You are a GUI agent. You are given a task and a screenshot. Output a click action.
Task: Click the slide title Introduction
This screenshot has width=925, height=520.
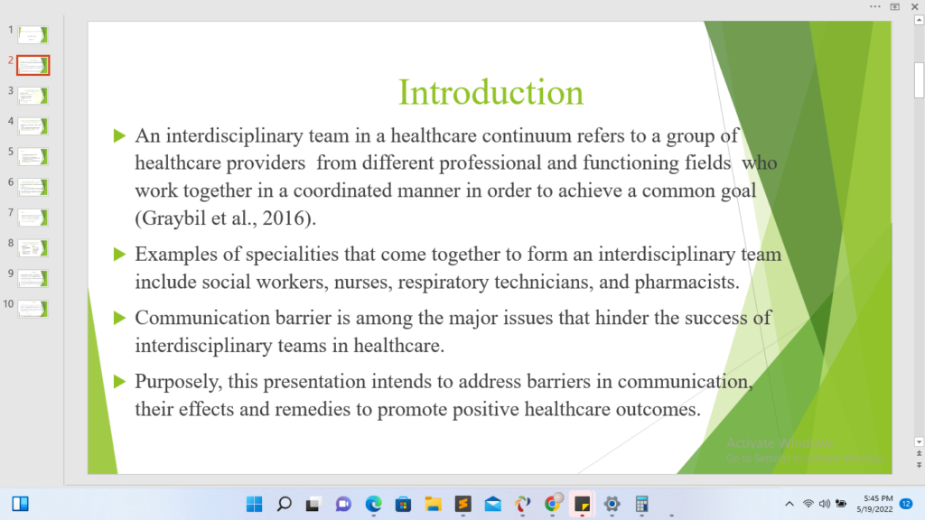[x=491, y=93]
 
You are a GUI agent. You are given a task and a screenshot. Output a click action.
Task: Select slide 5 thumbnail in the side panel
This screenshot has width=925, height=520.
[x=33, y=157]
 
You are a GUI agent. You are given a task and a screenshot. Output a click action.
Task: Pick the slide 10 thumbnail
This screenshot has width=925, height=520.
[x=33, y=309]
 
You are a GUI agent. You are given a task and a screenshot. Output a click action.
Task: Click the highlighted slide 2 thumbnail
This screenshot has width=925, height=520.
[x=33, y=65]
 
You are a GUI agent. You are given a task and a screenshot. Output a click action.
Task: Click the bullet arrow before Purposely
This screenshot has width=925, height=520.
[x=120, y=382]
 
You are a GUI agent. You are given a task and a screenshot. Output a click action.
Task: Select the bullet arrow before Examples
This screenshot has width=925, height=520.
[x=120, y=254]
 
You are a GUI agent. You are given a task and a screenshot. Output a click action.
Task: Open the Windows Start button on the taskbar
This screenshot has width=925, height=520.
[x=254, y=504]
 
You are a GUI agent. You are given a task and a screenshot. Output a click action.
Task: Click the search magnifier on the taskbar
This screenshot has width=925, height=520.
[x=285, y=504]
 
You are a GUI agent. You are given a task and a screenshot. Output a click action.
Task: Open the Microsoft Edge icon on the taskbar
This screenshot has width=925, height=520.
[x=373, y=504]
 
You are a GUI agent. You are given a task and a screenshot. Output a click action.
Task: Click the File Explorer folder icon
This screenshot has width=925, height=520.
[x=433, y=504]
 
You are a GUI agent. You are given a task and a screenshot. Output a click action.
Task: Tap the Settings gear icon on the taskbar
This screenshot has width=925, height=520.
[x=612, y=504]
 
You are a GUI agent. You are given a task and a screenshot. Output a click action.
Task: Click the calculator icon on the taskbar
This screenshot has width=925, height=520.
[x=642, y=504]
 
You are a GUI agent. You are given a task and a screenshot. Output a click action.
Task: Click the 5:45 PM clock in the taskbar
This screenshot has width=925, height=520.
[x=878, y=498]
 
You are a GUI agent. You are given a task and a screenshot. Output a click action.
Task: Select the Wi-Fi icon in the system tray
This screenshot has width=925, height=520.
[x=808, y=504]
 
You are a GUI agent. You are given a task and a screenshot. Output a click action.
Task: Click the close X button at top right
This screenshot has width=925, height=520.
[x=914, y=6]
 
